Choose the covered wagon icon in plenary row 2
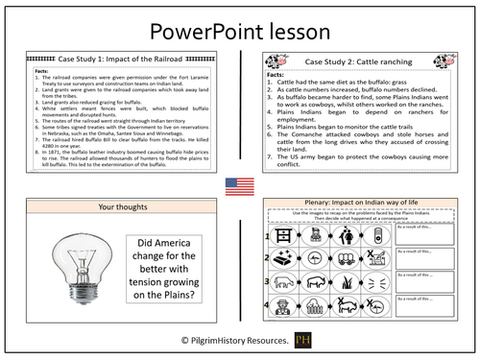tap(348, 259)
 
